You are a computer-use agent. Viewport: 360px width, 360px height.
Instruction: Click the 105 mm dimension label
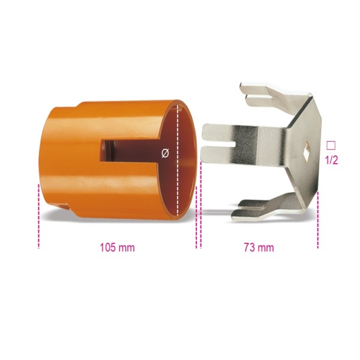tap(117, 247)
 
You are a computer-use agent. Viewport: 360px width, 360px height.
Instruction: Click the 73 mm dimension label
tap(259, 247)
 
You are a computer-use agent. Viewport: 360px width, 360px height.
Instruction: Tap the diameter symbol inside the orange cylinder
tap(165, 153)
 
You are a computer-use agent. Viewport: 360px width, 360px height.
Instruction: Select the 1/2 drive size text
tap(331, 160)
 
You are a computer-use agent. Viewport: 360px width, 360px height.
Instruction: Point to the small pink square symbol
tap(331, 145)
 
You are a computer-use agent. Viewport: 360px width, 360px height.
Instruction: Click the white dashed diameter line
tap(178, 160)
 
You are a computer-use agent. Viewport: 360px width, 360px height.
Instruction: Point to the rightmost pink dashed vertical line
tap(318, 220)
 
